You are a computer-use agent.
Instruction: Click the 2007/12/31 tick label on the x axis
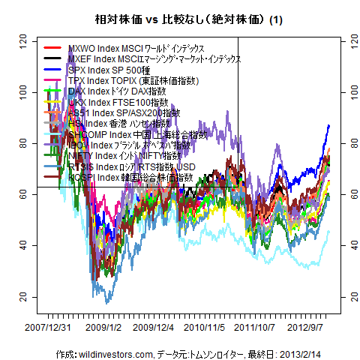point(49,327)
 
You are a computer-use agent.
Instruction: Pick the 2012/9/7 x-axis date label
point(310,327)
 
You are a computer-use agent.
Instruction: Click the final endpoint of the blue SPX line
point(329,126)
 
